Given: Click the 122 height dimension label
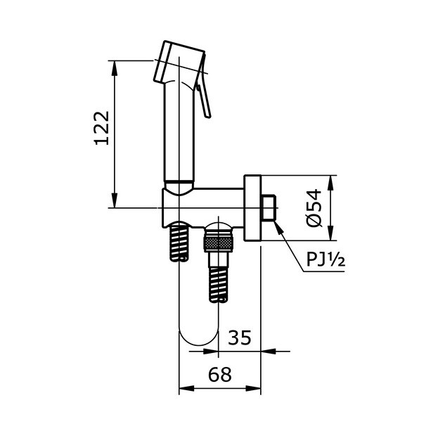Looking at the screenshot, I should [103, 127].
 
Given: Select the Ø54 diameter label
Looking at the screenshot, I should [314, 208].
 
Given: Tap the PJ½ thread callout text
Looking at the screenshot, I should [325, 260].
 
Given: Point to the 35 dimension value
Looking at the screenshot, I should [239, 338].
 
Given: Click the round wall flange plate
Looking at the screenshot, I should [252, 208].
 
